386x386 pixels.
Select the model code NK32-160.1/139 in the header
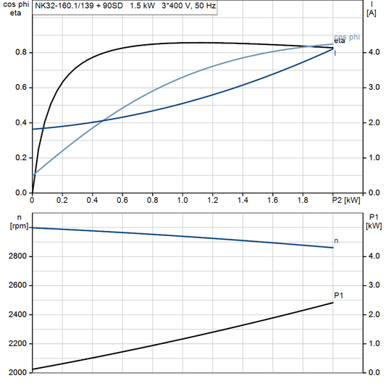[x=63, y=6]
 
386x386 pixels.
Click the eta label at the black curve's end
[x=339, y=42]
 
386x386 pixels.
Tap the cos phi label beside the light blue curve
[x=346, y=36]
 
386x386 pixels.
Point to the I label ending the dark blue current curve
[x=335, y=53]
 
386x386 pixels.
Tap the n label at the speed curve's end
[x=335, y=240]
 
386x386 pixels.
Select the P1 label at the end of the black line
[x=338, y=295]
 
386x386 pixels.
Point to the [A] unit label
[x=372, y=13]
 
